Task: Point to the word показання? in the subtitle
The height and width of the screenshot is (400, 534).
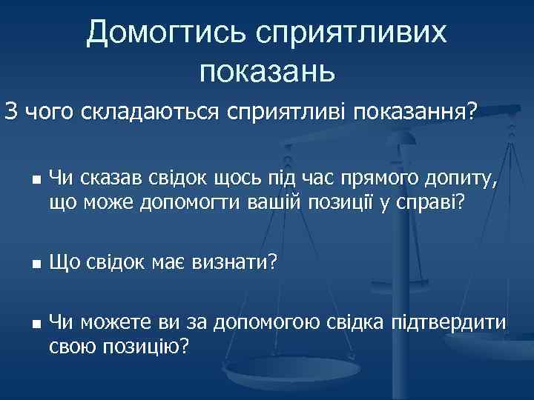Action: click(417, 112)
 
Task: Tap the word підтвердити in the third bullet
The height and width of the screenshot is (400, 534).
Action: click(453, 322)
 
